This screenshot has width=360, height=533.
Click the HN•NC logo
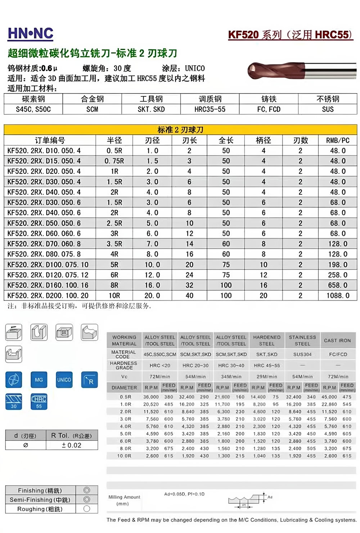tap(31, 34)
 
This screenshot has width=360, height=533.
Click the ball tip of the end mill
tap(252, 71)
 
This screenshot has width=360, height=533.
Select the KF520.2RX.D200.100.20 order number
tap(48, 295)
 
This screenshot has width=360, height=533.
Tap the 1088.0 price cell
tap(337, 295)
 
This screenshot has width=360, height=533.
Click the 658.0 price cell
tap(337, 285)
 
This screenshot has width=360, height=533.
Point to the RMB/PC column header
tap(337, 140)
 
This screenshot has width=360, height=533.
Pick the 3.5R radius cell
tap(114, 244)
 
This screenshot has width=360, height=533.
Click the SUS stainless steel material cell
tap(328, 109)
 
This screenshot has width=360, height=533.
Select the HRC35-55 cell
tap(210, 109)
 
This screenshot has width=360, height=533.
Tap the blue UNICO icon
tap(64, 380)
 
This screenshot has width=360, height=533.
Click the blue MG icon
tap(39, 380)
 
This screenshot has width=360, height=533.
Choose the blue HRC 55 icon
tap(39, 402)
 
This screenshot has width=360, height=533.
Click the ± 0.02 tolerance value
tap(72, 445)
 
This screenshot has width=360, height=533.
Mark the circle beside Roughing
tap(86, 509)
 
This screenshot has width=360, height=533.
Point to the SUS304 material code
tap(302, 354)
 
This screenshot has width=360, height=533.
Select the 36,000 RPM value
tap(151, 397)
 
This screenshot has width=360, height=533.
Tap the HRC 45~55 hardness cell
tap(267, 366)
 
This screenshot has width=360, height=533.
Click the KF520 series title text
tap(290, 35)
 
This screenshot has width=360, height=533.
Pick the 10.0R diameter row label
tap(124, 456)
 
